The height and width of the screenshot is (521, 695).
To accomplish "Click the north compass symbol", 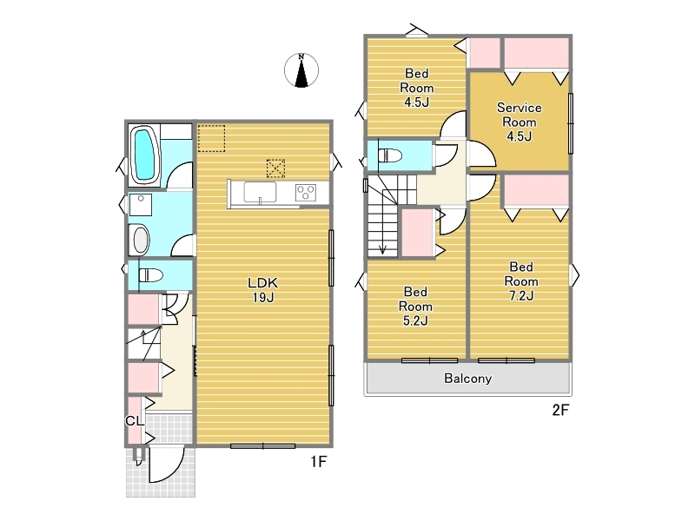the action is pyautogui.click(x=301, y=70).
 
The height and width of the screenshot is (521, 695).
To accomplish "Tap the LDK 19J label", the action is pyautogui.click(x=263, y=290).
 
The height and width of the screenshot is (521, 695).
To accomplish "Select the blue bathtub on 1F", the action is pyautogui.click(x=144, y=154).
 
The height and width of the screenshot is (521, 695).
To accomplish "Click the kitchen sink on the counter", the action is pyautogui.click(x=260, y=192).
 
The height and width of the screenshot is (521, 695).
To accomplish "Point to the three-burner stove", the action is pyautogui.click(x=306, y=192).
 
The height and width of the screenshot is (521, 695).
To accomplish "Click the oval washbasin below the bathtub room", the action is pyautogui.click(x=141, y=240).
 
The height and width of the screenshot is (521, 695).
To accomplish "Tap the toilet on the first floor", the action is pyautogui.click(x=150, y=275).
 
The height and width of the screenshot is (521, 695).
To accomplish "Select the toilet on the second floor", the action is pyautogui.click(x=389, y=155).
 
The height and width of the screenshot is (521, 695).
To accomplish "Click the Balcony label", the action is pyautogui.click(x=468, y=379).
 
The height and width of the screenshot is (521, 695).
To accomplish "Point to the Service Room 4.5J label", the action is pyautogui.click(x=519, y=122).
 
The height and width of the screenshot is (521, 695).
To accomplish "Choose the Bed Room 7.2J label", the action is pyautogui.click(x=521, y=281).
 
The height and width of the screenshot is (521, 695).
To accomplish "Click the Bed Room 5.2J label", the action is pyautogui.click(x=415, y=307).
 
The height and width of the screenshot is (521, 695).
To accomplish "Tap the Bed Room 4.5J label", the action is pyautogui.click(x=417, y=88).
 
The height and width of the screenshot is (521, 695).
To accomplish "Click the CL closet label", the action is pyautogui.click(x=135, y=421).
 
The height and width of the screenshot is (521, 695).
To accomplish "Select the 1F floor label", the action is pyautogui.click(x=318, y=462).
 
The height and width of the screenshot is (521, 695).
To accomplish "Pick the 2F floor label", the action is pyautogui.click(x=560, y=410).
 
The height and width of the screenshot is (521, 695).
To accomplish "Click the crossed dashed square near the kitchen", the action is pyautogui.click(x=275, y=168).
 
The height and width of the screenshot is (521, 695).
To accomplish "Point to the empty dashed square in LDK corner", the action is pyautogui.click(x=211, y=138).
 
